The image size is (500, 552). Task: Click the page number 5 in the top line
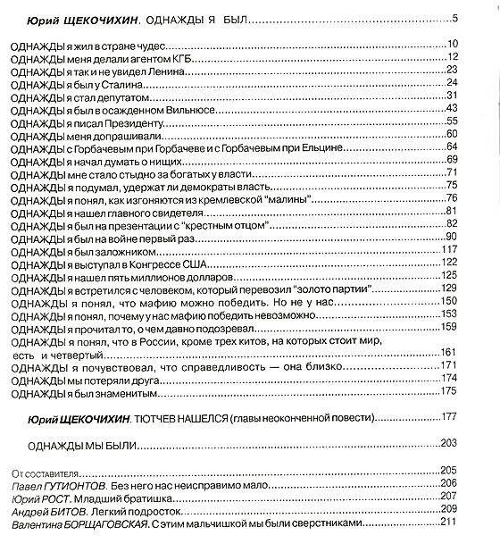454,18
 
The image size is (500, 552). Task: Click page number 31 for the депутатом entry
451,95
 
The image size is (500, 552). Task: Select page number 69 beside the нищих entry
451,159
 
